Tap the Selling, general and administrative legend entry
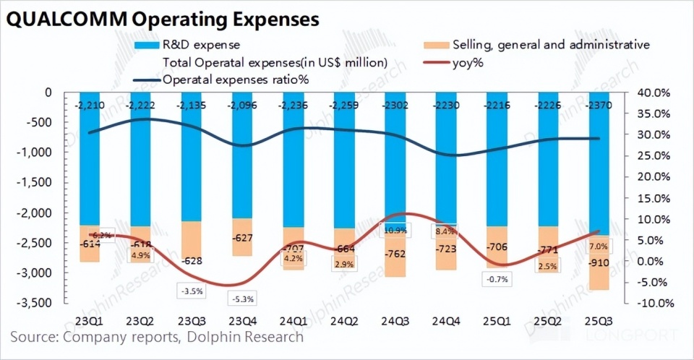pyautogui.click(x=549, y=45)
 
